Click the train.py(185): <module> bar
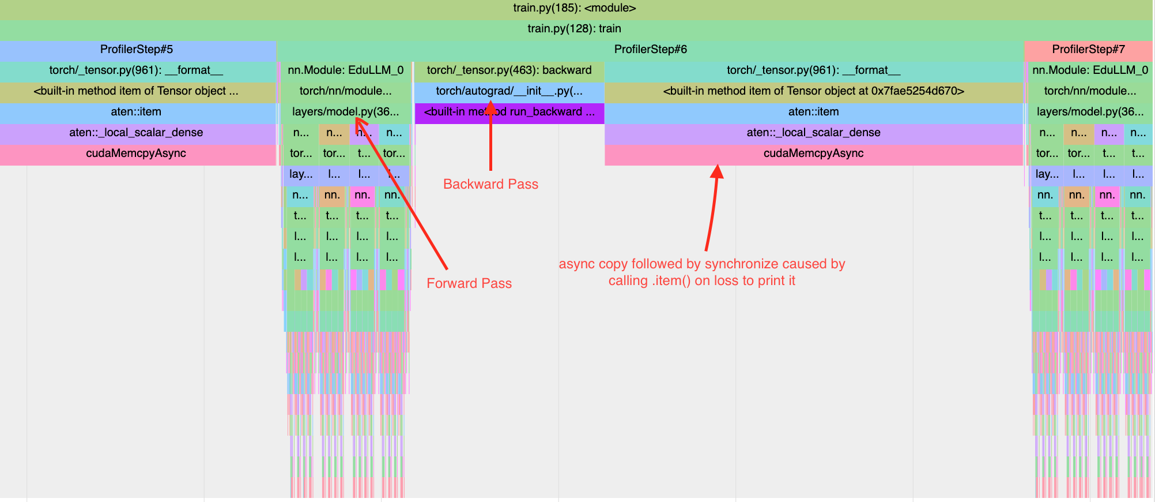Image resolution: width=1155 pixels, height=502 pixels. click(574, 8)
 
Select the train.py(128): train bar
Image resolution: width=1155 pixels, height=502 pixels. click(574, 29)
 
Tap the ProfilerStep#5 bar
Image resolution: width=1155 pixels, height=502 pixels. click(137, 50)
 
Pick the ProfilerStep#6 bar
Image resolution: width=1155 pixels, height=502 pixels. click(650, 50)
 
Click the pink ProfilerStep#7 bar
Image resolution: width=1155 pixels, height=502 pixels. click(1088, 50)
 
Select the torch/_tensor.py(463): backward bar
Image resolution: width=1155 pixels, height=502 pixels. click(509, 70)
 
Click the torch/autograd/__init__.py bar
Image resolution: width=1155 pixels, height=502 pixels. click(509, 91)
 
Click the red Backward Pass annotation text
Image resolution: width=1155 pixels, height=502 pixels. click(490, 184)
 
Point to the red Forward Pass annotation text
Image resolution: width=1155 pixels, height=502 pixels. click(469, 283)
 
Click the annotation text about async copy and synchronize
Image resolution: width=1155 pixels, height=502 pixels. click(702, 272)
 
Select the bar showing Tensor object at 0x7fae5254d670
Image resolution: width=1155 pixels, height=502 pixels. click(813, 91)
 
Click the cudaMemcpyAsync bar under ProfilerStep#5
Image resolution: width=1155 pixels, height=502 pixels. click(137, 153)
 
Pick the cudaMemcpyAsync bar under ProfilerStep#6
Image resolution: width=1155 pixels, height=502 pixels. click(813, 153)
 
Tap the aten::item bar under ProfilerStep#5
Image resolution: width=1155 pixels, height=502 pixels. click(137, 112)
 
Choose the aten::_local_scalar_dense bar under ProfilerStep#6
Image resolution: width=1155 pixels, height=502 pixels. click(813, 133)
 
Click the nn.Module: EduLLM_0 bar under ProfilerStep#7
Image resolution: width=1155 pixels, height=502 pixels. click(1089, 70)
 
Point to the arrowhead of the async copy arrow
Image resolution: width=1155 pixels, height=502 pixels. click(717, 171)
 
